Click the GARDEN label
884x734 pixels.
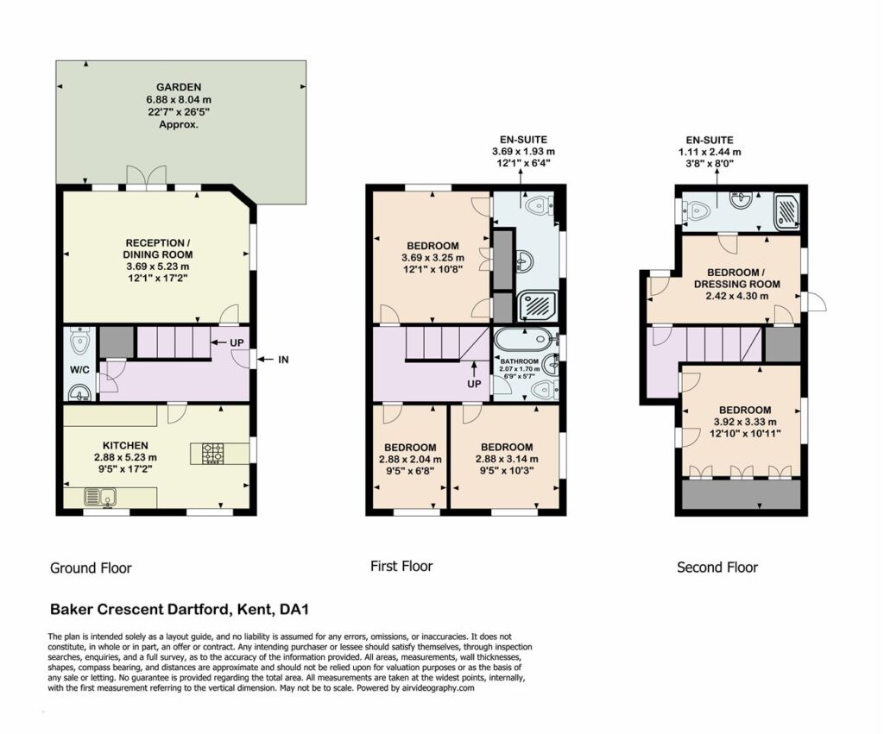(x=178, y=87)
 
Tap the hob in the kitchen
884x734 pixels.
(x=213, y=453)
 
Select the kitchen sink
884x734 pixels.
(x=100, y=496)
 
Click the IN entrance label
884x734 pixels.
(x=283, y=360)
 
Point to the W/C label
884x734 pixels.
(x=79, y=371)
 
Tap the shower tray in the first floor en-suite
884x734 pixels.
(x=537, y=306)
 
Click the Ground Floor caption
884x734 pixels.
(x=91, y=568)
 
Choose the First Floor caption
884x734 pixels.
(x=401, y=566)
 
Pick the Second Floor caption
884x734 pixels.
(x=717, y=568)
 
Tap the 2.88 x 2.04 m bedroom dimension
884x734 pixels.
(x=410, y=459)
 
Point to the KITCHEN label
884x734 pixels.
(x=125, y=446)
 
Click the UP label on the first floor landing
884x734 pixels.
(x=474, y=384)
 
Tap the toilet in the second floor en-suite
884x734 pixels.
(x=696, y=211)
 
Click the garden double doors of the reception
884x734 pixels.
(x=147, y=176)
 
